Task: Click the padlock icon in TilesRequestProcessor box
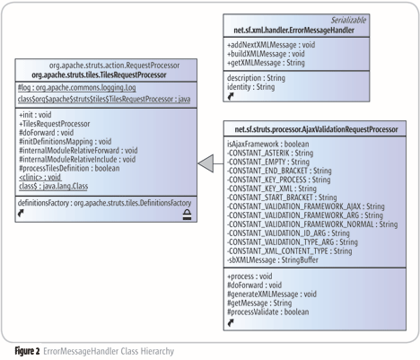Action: (188, 215)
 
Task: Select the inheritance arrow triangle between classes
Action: (206, 163)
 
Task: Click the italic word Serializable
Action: (348, 20)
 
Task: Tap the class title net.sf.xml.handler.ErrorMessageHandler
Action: (293, 31)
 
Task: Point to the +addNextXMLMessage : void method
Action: (271, 45)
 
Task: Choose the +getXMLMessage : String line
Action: (266, 63)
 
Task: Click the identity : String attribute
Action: (250, 87)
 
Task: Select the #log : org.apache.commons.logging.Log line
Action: (77, 88)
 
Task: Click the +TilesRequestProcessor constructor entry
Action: (55, 124)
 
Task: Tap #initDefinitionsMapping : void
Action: (66, 142)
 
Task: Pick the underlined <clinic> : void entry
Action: (40, 177)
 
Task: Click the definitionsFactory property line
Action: (104, 203)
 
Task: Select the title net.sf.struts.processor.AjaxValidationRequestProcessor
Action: (316, 129)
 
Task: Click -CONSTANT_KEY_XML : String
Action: (272, 189)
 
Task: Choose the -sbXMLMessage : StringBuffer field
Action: (273, 259)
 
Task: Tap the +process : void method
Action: (249, 276)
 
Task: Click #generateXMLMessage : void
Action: (272, 294)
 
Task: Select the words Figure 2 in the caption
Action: (27, 351)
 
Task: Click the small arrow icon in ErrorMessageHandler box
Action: (231, 96)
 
